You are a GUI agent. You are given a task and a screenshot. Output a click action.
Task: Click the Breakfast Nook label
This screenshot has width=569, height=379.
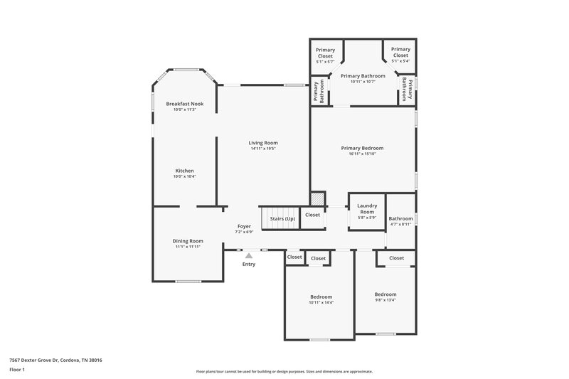184,104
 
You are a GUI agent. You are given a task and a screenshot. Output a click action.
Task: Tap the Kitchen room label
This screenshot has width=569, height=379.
184,171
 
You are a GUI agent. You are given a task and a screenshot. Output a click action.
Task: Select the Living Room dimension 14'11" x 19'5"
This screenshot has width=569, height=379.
262,149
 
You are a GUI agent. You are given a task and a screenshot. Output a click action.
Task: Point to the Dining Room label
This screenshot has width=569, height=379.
188,241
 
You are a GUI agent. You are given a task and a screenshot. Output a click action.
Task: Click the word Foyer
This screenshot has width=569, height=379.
244,226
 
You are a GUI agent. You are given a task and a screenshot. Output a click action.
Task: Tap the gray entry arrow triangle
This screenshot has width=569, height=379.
248,255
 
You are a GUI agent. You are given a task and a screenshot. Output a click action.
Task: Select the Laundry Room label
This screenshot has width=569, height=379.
366,209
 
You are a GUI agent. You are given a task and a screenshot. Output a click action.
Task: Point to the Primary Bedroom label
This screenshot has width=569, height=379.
362,148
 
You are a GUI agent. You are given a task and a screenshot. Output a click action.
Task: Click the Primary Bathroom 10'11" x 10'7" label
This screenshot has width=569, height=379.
363,81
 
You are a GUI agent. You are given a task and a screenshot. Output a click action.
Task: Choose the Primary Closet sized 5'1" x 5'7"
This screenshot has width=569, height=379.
325,53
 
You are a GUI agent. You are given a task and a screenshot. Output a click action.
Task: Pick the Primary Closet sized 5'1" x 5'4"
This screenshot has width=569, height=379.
400,53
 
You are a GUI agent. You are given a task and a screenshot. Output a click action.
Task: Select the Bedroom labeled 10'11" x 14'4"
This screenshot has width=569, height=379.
321,297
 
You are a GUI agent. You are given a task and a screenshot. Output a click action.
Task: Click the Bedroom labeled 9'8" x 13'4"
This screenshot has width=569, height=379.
385,294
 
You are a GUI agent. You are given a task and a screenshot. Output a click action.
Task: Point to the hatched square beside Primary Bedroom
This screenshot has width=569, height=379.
317,199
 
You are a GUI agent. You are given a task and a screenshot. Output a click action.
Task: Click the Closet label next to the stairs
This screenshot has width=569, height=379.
312,215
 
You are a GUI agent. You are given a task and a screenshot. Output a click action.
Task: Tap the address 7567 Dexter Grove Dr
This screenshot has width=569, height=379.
55,361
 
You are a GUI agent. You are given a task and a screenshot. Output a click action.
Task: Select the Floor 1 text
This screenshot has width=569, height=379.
17,370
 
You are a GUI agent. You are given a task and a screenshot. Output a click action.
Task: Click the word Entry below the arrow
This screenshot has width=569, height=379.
248,264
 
